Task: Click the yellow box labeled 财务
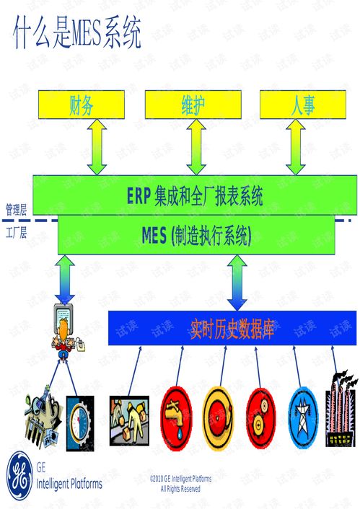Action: point(82,105)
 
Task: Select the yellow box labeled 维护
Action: point(193,105)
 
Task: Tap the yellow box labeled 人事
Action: point(303,105)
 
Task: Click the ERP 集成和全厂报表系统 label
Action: point(195,196)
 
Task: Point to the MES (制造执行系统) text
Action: point(196,235)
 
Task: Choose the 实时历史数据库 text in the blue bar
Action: point(232,329)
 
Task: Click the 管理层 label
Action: point(16,210)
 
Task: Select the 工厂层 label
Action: point(16,233)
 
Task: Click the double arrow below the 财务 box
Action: point(97,147)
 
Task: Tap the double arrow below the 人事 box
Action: point(295,147)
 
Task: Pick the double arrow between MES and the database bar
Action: point(237,283)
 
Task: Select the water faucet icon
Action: point(177,417)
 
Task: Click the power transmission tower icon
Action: point(303,417)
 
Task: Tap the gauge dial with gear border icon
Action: point(80,423)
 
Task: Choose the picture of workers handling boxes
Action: point(129,421)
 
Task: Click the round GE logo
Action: point(19,476)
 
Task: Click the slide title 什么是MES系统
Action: point(77,33)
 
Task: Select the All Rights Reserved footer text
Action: point(180,489)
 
